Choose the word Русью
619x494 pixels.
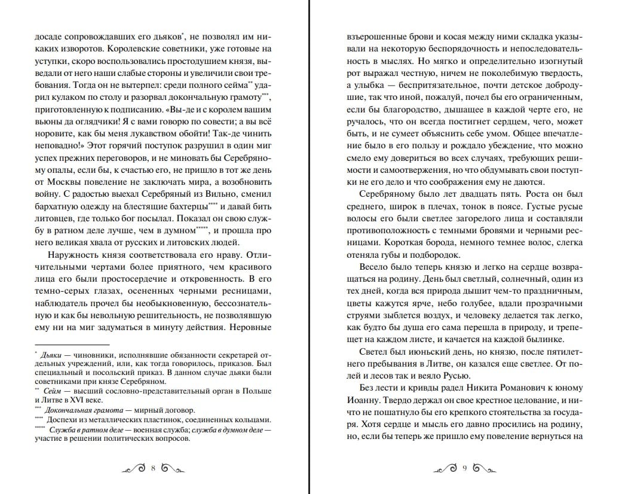(453, 375)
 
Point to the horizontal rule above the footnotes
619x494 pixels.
(72, 344)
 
